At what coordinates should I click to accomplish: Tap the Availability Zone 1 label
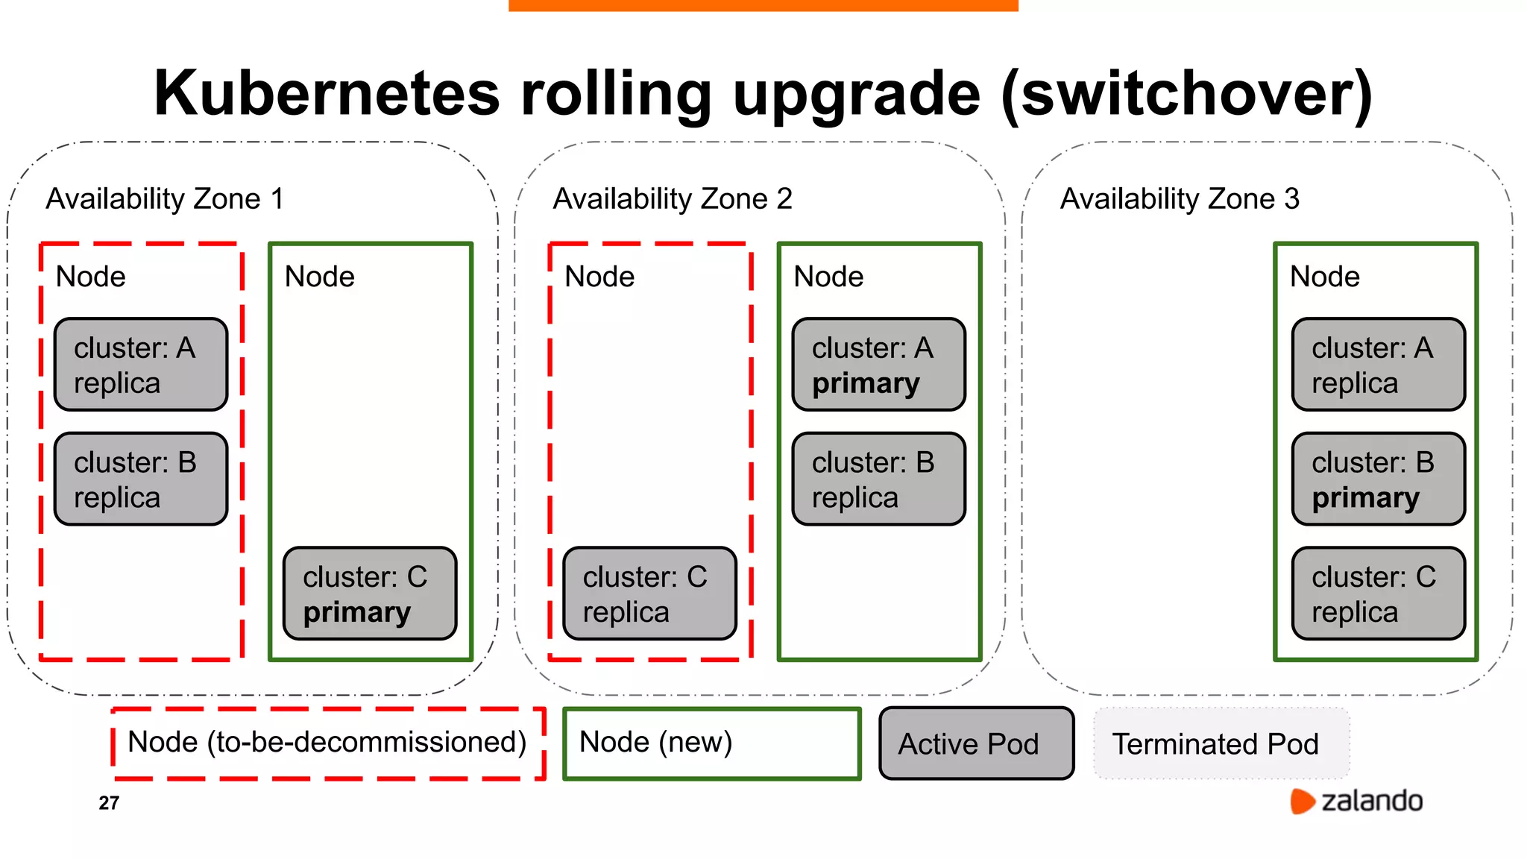click(x=165, y=199)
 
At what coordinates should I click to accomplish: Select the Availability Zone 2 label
click(x=673, y=199)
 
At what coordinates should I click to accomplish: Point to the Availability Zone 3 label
click(x=1180, y=199)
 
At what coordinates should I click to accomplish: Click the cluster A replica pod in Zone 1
click(x=141, y=365)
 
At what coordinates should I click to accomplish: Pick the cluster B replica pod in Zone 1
click(x=141, y=479)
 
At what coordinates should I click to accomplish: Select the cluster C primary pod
click(x=370, y=594)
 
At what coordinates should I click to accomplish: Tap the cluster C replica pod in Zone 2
click(x=649, y=594)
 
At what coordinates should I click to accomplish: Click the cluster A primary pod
click(x=878, y=365)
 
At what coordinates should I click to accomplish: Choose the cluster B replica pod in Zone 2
click(x=878, y=479)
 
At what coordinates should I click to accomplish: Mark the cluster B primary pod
click(x=1378, y=479)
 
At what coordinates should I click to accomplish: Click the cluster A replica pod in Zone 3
click(x=1378, y=365)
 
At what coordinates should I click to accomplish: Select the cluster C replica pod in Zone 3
click(x=1378, y=594)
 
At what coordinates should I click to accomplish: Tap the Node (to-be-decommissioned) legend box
click(x=328, y=743)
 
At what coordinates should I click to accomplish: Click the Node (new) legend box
click(x=711, y=743)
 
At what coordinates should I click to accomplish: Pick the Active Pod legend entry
click(x=976, y=743)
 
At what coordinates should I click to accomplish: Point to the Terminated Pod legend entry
click(x=1221, y=743)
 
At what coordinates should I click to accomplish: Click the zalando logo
click(x=1356, y=801)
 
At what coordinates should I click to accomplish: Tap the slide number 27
click(x=109, y=803)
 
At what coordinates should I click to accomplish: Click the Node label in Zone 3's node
click(x=1324, y=277)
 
